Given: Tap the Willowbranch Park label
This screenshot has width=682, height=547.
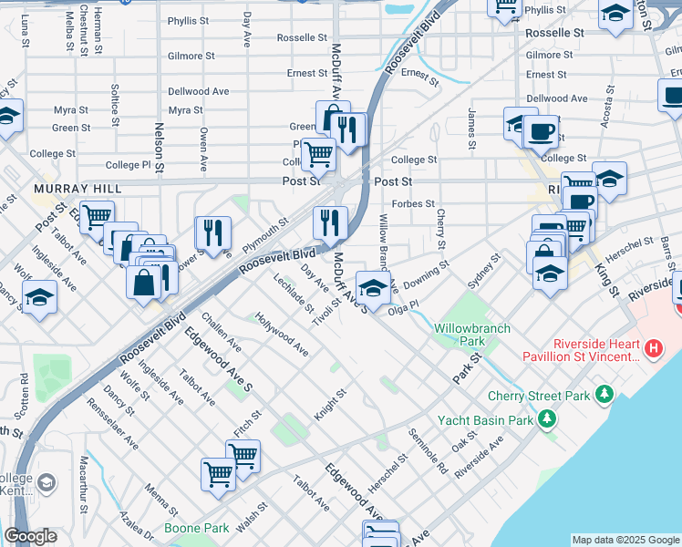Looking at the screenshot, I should (x=471, y=335).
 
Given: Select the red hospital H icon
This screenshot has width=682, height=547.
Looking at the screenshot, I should (x=653, y=348).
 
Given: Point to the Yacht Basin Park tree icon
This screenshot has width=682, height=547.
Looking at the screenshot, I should (x=546, y=419).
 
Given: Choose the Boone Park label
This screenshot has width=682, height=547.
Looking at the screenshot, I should (x=196, y=528).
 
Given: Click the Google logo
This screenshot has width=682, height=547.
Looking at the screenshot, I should (x=30, y=536).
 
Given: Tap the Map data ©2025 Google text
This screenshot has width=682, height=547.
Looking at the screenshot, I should (x=625, y=540).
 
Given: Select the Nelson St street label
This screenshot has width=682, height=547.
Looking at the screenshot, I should (x=159, y=148).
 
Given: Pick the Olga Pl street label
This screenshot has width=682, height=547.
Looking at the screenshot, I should (x=402, y=308).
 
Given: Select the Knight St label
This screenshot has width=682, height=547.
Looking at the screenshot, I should (x=330, y=406).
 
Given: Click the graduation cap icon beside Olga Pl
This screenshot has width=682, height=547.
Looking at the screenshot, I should (x=372, y=289).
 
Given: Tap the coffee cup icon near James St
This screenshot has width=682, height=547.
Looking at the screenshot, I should (x=541, y=132).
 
